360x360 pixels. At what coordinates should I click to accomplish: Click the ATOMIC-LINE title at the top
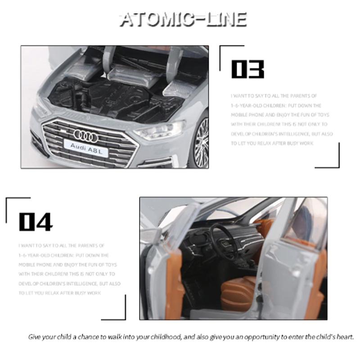(183, 19)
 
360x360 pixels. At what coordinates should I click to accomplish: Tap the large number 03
(247, 70)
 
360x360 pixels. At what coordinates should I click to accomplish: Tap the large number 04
(36, 221)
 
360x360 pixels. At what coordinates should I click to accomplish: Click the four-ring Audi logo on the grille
(85, 135)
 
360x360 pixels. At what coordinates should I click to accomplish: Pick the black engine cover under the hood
(121, 97)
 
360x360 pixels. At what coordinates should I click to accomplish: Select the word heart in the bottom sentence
(345, 337)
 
